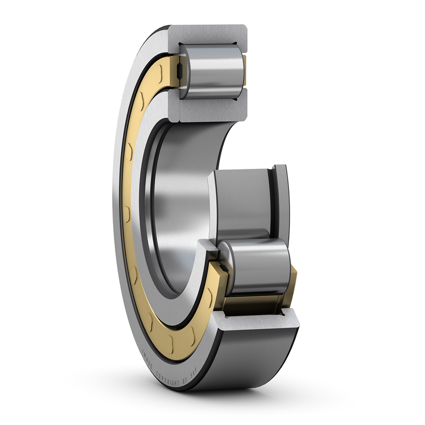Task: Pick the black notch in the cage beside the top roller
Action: click(x=180, y=70)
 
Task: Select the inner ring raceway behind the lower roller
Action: click(x=242, y=202)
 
